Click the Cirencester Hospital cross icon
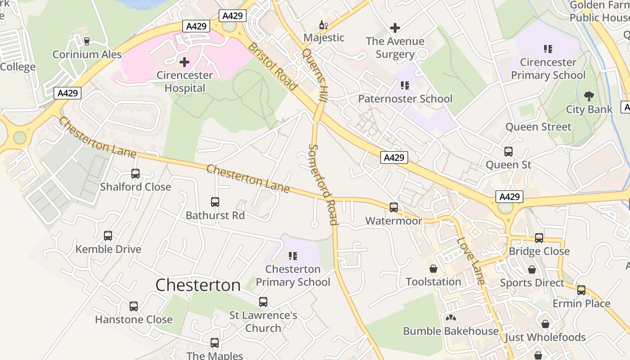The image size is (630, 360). click(x=184, y=62)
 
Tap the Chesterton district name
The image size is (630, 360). click(x=198, y=285)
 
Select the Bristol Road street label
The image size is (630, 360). click(x=273, y=67)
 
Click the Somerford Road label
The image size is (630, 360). click(x=323, y=184)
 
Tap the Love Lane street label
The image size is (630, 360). click(x=471, y=261)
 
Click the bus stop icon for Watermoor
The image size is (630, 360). click(x=394, y=207)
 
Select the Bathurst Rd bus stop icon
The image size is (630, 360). click(x=215, y=202)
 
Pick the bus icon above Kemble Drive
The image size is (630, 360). click(x=108, y=236)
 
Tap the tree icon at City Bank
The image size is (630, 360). click(x=589, y=96)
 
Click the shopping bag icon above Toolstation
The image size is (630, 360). click(x=433, y=269)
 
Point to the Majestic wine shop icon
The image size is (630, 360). click(x=323, y=25)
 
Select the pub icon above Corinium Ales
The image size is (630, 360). click(x=87, y=41)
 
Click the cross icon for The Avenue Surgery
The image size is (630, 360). click(x=395, y=28)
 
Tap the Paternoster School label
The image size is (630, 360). click(x=405, y=99)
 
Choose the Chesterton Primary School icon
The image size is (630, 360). click(x=293, y=256)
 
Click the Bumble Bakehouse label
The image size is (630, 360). click(x=450, y=331)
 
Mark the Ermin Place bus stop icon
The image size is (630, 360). click(x=581, y=290)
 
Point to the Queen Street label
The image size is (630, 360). click(x=538, y=127)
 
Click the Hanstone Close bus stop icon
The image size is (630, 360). click(x=134, y=306)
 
